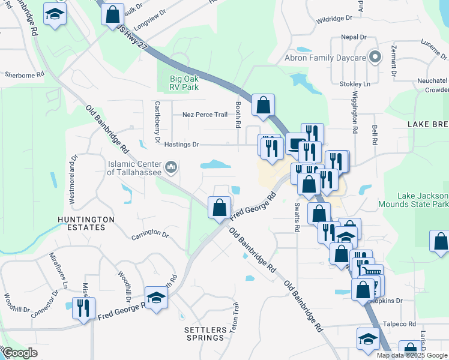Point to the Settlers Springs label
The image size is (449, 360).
point(204,334)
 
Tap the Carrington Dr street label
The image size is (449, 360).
point(150,233)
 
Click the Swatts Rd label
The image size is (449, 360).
point(297,217)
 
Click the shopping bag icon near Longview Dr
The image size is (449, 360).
point(112,14)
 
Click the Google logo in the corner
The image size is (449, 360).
point(20,353)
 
